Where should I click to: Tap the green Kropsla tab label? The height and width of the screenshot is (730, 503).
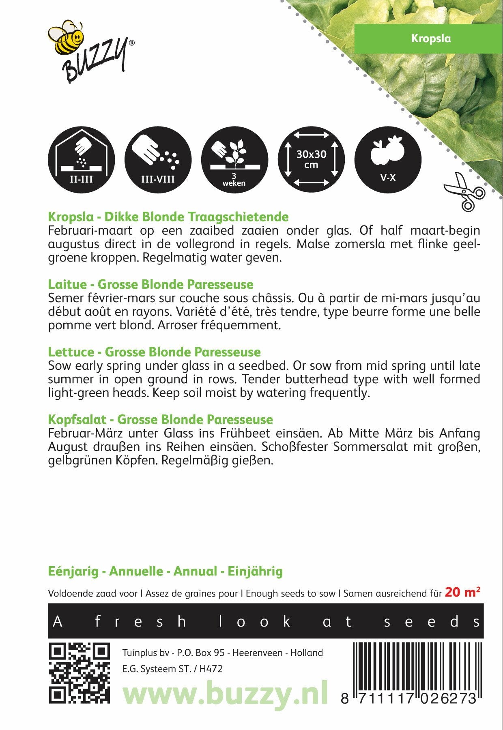(x=430, y=39)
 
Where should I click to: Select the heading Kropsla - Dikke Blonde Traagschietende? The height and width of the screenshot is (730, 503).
(x=168, y=217)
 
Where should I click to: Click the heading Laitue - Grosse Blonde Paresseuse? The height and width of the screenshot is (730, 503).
(x=150, y=284)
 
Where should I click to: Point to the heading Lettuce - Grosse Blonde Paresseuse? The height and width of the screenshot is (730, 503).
(x=154, y=352)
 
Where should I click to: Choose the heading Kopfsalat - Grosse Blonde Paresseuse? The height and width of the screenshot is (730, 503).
(x=160, y=419)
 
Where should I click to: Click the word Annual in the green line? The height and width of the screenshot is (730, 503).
(x=195, y=571)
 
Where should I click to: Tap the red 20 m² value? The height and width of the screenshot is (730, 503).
(x=462, y=593)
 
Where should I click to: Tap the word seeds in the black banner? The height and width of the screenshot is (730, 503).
(x=432, y=621)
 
